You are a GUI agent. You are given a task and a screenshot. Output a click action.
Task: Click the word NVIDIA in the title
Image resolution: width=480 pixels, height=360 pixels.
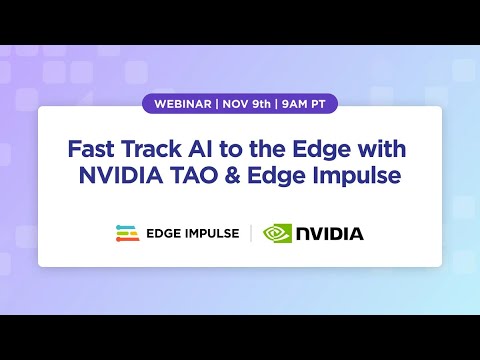point(131,177)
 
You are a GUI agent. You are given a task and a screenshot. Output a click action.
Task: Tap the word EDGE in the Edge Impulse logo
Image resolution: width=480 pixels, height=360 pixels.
point(166,234)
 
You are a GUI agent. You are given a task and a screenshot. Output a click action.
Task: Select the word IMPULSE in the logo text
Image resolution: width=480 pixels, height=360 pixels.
point(214,234)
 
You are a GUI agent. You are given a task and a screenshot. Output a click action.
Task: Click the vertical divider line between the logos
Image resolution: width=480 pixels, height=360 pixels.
point(250,234)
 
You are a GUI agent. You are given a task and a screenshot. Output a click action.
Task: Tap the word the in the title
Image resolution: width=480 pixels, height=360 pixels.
point(254,150)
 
